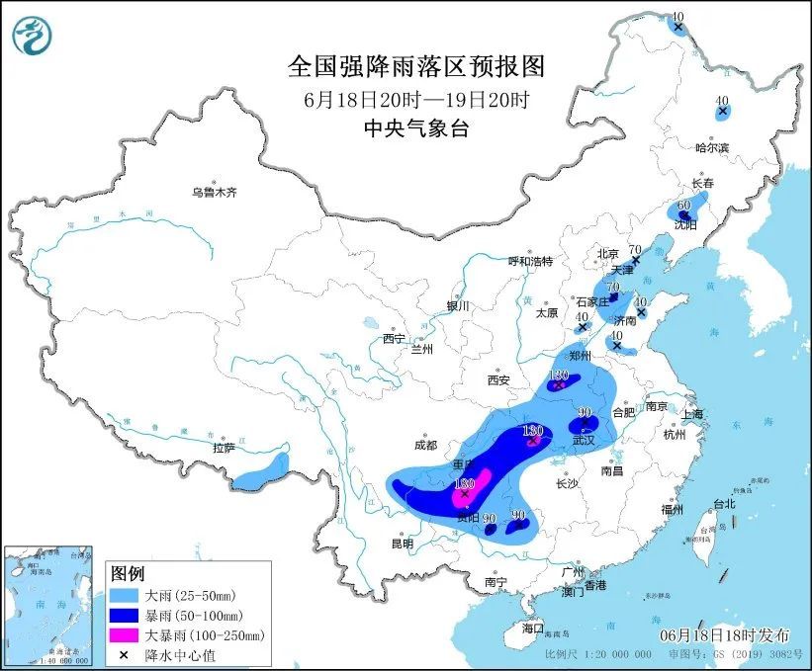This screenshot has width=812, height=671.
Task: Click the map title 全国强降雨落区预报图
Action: [x=415, y=66]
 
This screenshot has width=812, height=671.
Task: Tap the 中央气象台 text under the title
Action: [x=415, y=127]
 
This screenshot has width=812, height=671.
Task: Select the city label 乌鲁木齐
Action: [x=215, y=192]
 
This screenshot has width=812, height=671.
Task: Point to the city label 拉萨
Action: [x=224, y=448]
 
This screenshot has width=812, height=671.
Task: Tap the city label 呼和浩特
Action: [x=530, y=262]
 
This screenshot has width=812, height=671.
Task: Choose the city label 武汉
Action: [x=583, y=440]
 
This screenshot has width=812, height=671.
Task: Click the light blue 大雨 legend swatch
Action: [x=127, y=597]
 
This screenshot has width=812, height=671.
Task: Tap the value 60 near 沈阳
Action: [x=682, y=206]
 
